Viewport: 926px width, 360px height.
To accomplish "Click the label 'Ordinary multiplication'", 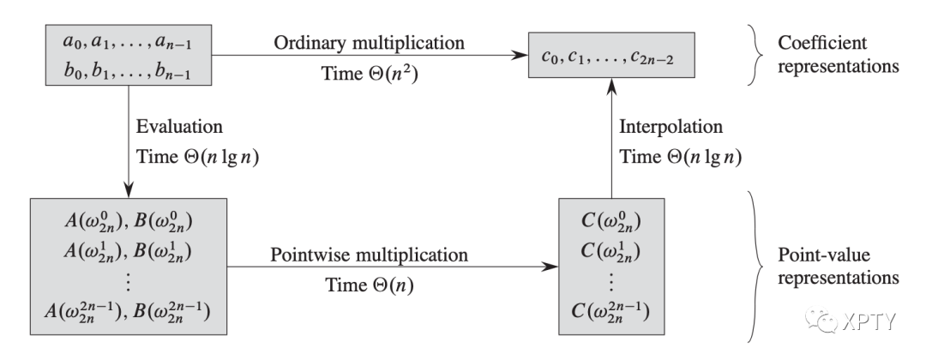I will [x=370, y=41].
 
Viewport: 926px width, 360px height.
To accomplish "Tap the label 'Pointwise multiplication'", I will [x=370, y=254].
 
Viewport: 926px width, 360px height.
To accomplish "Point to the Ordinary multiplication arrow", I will [x=370, y=57].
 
